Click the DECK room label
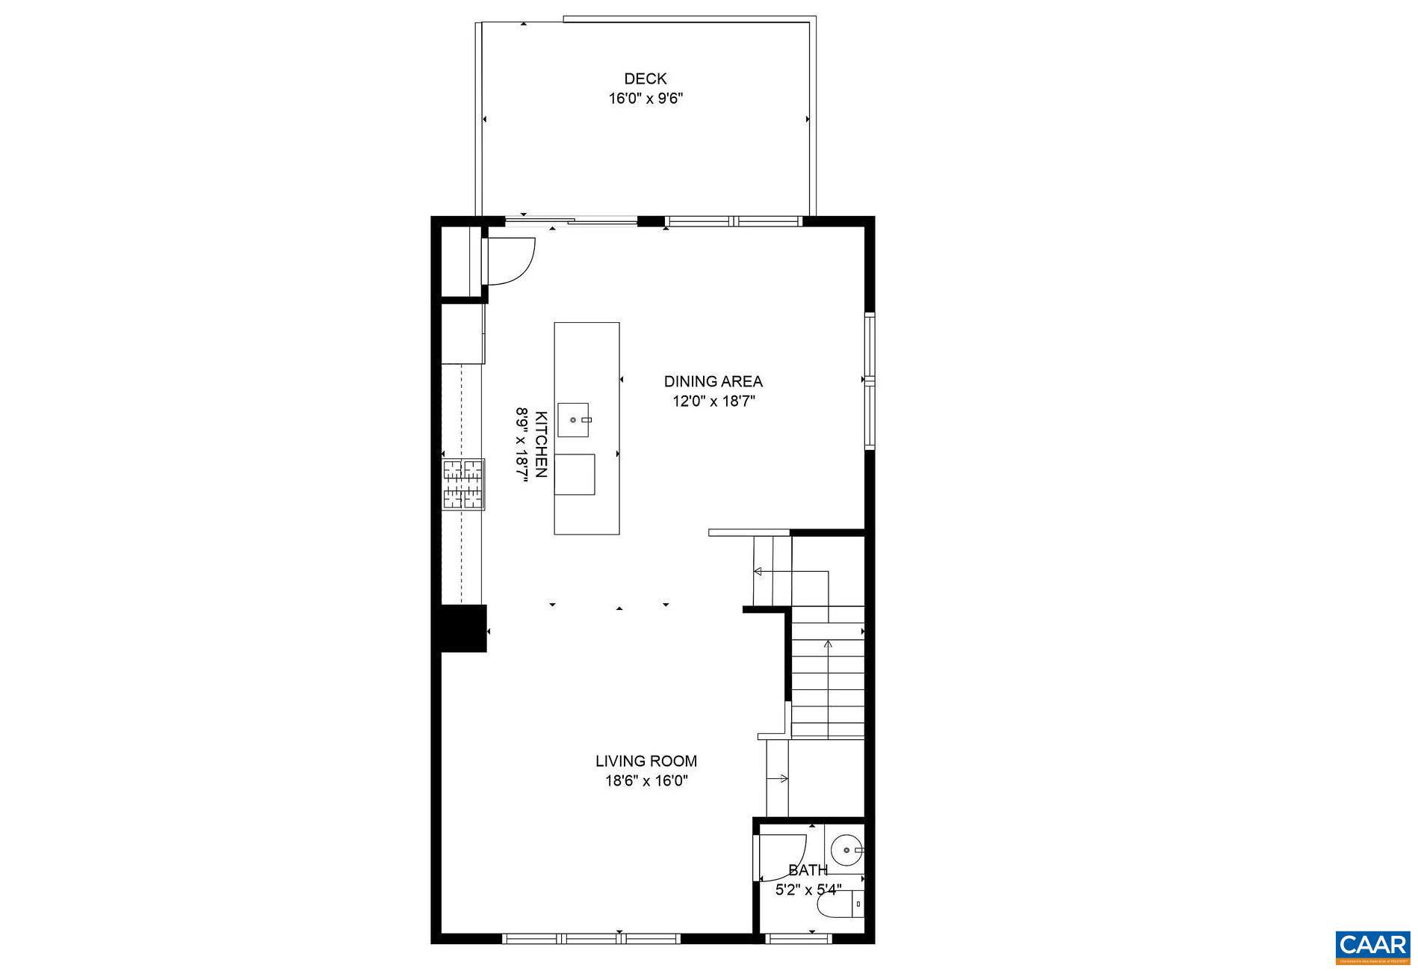[x=645, y=78]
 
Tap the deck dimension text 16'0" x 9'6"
[x=645, y=98]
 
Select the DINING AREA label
[x=713, y=381]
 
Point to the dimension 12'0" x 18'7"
[x=713, y=401]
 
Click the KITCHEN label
[x=542, y=444]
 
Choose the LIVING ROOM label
[x=646, y=761]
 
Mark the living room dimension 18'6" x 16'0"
[x=646, y=781]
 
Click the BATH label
[x=808, y=870]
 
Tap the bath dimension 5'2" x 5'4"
[x=808, y=890]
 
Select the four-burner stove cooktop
[x=464, y=484]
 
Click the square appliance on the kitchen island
[x=575, y=474]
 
